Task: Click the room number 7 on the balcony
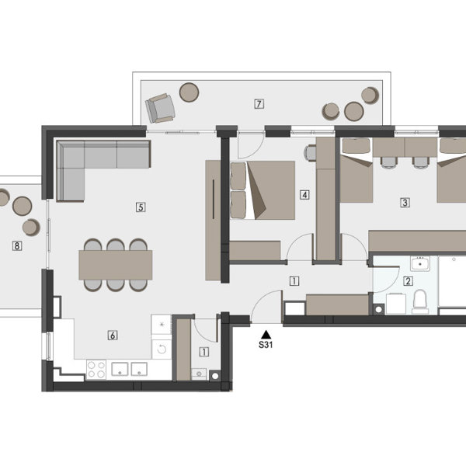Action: pos(259,104)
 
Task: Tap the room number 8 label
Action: pos(17,245)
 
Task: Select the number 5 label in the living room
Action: pos(141,207)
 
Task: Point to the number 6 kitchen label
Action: pos(113,336)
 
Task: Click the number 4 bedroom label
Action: pos(304,195)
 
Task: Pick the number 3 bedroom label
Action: pos(405,203)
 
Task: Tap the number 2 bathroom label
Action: pos(408,281)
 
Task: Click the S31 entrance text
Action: pos(266,345)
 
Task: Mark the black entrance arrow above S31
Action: pos(266,334)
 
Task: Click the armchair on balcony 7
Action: pos(160,108)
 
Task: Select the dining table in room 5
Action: pos(116,265)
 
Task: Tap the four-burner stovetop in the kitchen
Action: pos(96,370)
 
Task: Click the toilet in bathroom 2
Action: pos(420,302)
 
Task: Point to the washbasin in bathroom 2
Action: pos(420,263)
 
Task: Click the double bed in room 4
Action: pos(263,190)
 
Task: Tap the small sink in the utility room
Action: pos(199,374)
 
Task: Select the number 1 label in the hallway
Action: pos(294,281)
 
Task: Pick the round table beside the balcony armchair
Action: pos(189,92)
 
